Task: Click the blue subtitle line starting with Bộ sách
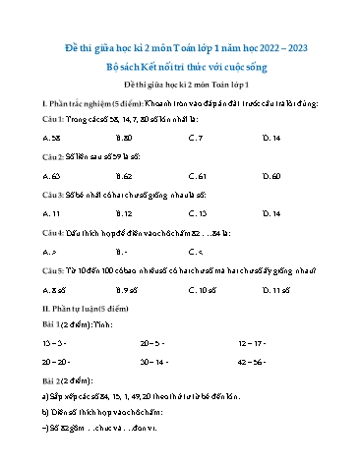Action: tap(179, 67)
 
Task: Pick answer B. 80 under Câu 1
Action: tap(123, 139)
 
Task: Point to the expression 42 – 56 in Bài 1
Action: tap(253, 363)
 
